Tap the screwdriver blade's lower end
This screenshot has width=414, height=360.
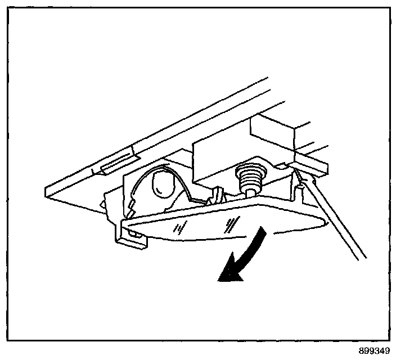pyautogui.click(x=364, y=259)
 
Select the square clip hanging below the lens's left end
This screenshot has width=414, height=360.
pyautogui.click(x=133, y=240)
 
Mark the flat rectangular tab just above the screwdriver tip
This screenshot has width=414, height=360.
pyautogui.click(x=309, y=165)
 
